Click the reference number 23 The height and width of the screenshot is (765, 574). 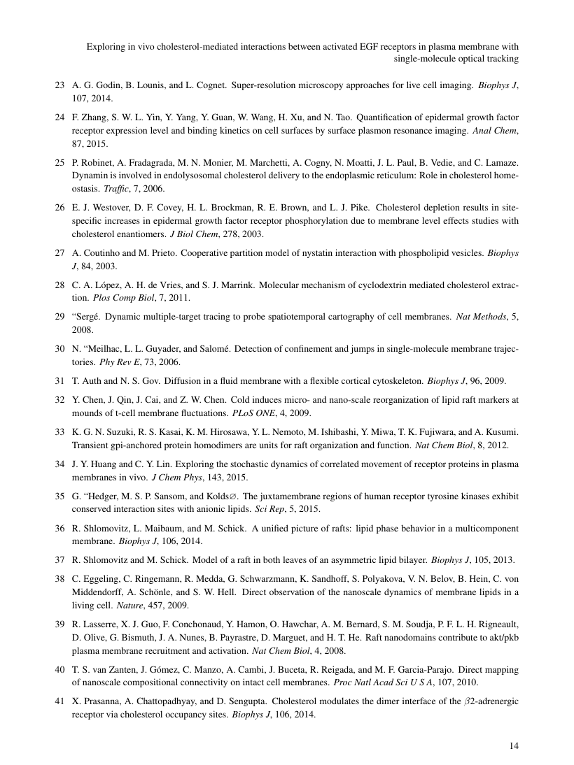coord(59,85)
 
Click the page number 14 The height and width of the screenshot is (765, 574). coord(514,746)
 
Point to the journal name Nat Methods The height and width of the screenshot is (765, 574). coord(479,317)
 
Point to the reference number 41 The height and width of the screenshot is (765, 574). coord(59,701)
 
